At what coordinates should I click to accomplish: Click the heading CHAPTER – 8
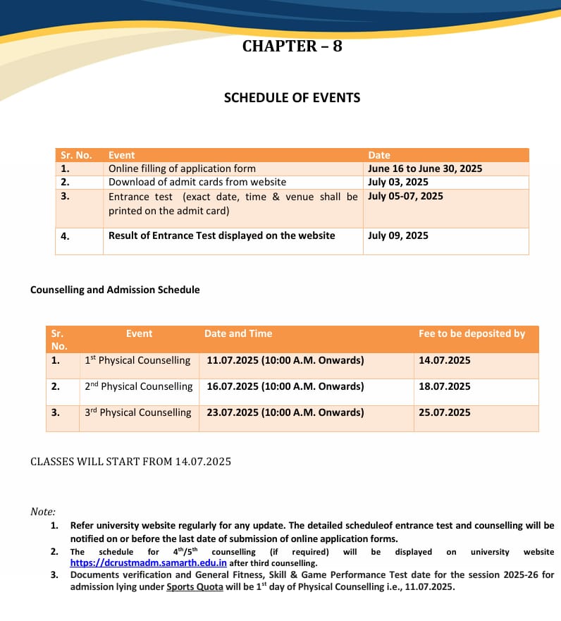click(x=292, y=47)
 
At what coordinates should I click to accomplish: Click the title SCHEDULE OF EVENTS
click(x=292, y=98)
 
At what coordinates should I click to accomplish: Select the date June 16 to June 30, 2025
click(x=424, y=168)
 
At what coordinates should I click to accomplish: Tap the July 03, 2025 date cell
click(x=397, y=182)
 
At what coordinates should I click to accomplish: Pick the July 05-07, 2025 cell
click(x=405, y=196)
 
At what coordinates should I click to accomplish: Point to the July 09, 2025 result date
click(x=397, y=235)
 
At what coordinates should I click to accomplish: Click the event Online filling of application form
click(x=182, y=168)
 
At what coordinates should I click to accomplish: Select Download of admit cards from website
click(x=197, y=182)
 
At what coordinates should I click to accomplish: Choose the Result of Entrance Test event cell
click(x=221, y=235)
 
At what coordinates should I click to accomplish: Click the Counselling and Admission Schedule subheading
click(x=115, y=290)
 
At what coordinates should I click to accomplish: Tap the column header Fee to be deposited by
click(x=471, y=333)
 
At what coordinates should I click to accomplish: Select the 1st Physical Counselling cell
click(x=137, y=360)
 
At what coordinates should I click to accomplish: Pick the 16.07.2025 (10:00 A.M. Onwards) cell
click(x=285, y=386)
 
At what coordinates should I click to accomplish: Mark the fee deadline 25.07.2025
click(x=444, y=412)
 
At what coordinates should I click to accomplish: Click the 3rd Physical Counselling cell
click(x=138, y=412)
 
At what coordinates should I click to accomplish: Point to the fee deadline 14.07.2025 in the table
click(x=444, y=360)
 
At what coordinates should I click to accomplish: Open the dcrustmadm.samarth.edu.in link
click(x=148, y=563)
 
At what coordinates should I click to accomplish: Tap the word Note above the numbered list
click(x=42, y=512)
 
